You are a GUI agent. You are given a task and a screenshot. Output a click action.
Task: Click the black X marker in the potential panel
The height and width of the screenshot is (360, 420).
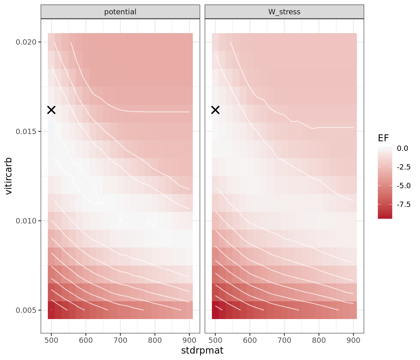click(x=51, y=110)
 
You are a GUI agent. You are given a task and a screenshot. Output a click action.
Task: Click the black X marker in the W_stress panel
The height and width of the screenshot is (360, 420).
click(x=215, y=110)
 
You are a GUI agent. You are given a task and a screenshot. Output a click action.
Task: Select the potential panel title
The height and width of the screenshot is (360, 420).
click(x=120, y=12)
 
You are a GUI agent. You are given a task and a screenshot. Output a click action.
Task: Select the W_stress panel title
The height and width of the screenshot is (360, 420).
click(x=284, y=12)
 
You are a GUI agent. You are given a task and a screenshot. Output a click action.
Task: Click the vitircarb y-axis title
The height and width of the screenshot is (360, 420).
click(x=9, y=176)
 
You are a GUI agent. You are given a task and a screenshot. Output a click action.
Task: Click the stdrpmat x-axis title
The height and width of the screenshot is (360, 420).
click(x=202, y=351)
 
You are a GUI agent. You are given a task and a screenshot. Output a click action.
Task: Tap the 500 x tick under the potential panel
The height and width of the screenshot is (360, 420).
click(x=51, y=340)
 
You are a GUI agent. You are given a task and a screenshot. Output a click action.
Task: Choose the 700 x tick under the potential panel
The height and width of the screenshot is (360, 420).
click(x=120, y=340)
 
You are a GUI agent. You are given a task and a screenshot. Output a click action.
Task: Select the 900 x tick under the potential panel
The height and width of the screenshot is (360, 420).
click(x=189, y=340)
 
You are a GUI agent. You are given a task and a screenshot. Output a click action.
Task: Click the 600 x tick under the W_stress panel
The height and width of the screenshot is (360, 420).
click(x=250, y=340)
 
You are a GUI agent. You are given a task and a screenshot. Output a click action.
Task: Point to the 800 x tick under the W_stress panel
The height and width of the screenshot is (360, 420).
click(x=319, y=340)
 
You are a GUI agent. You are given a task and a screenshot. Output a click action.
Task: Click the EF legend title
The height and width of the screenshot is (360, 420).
click(x=383, y=138)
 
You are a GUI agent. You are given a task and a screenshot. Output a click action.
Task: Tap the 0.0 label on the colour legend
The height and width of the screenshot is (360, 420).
click(x=402, y=148)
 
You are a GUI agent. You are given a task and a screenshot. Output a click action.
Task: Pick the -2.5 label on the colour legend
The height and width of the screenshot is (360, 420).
click(x=403, y=167)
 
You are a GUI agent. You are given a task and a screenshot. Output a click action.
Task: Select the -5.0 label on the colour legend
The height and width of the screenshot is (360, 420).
click(x=403, y=186)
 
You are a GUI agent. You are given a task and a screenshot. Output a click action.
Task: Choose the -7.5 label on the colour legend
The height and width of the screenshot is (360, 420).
click(x=403, y=204)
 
